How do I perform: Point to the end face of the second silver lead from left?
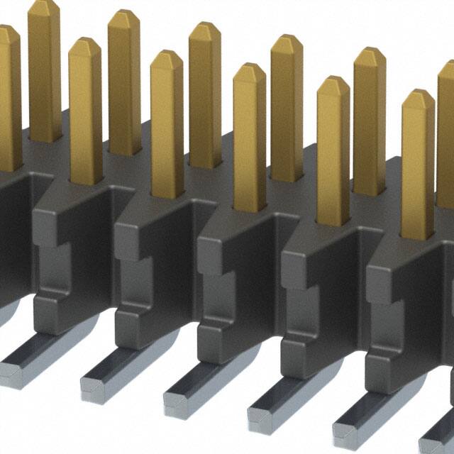pyautogui.click(x=93, y=383)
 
